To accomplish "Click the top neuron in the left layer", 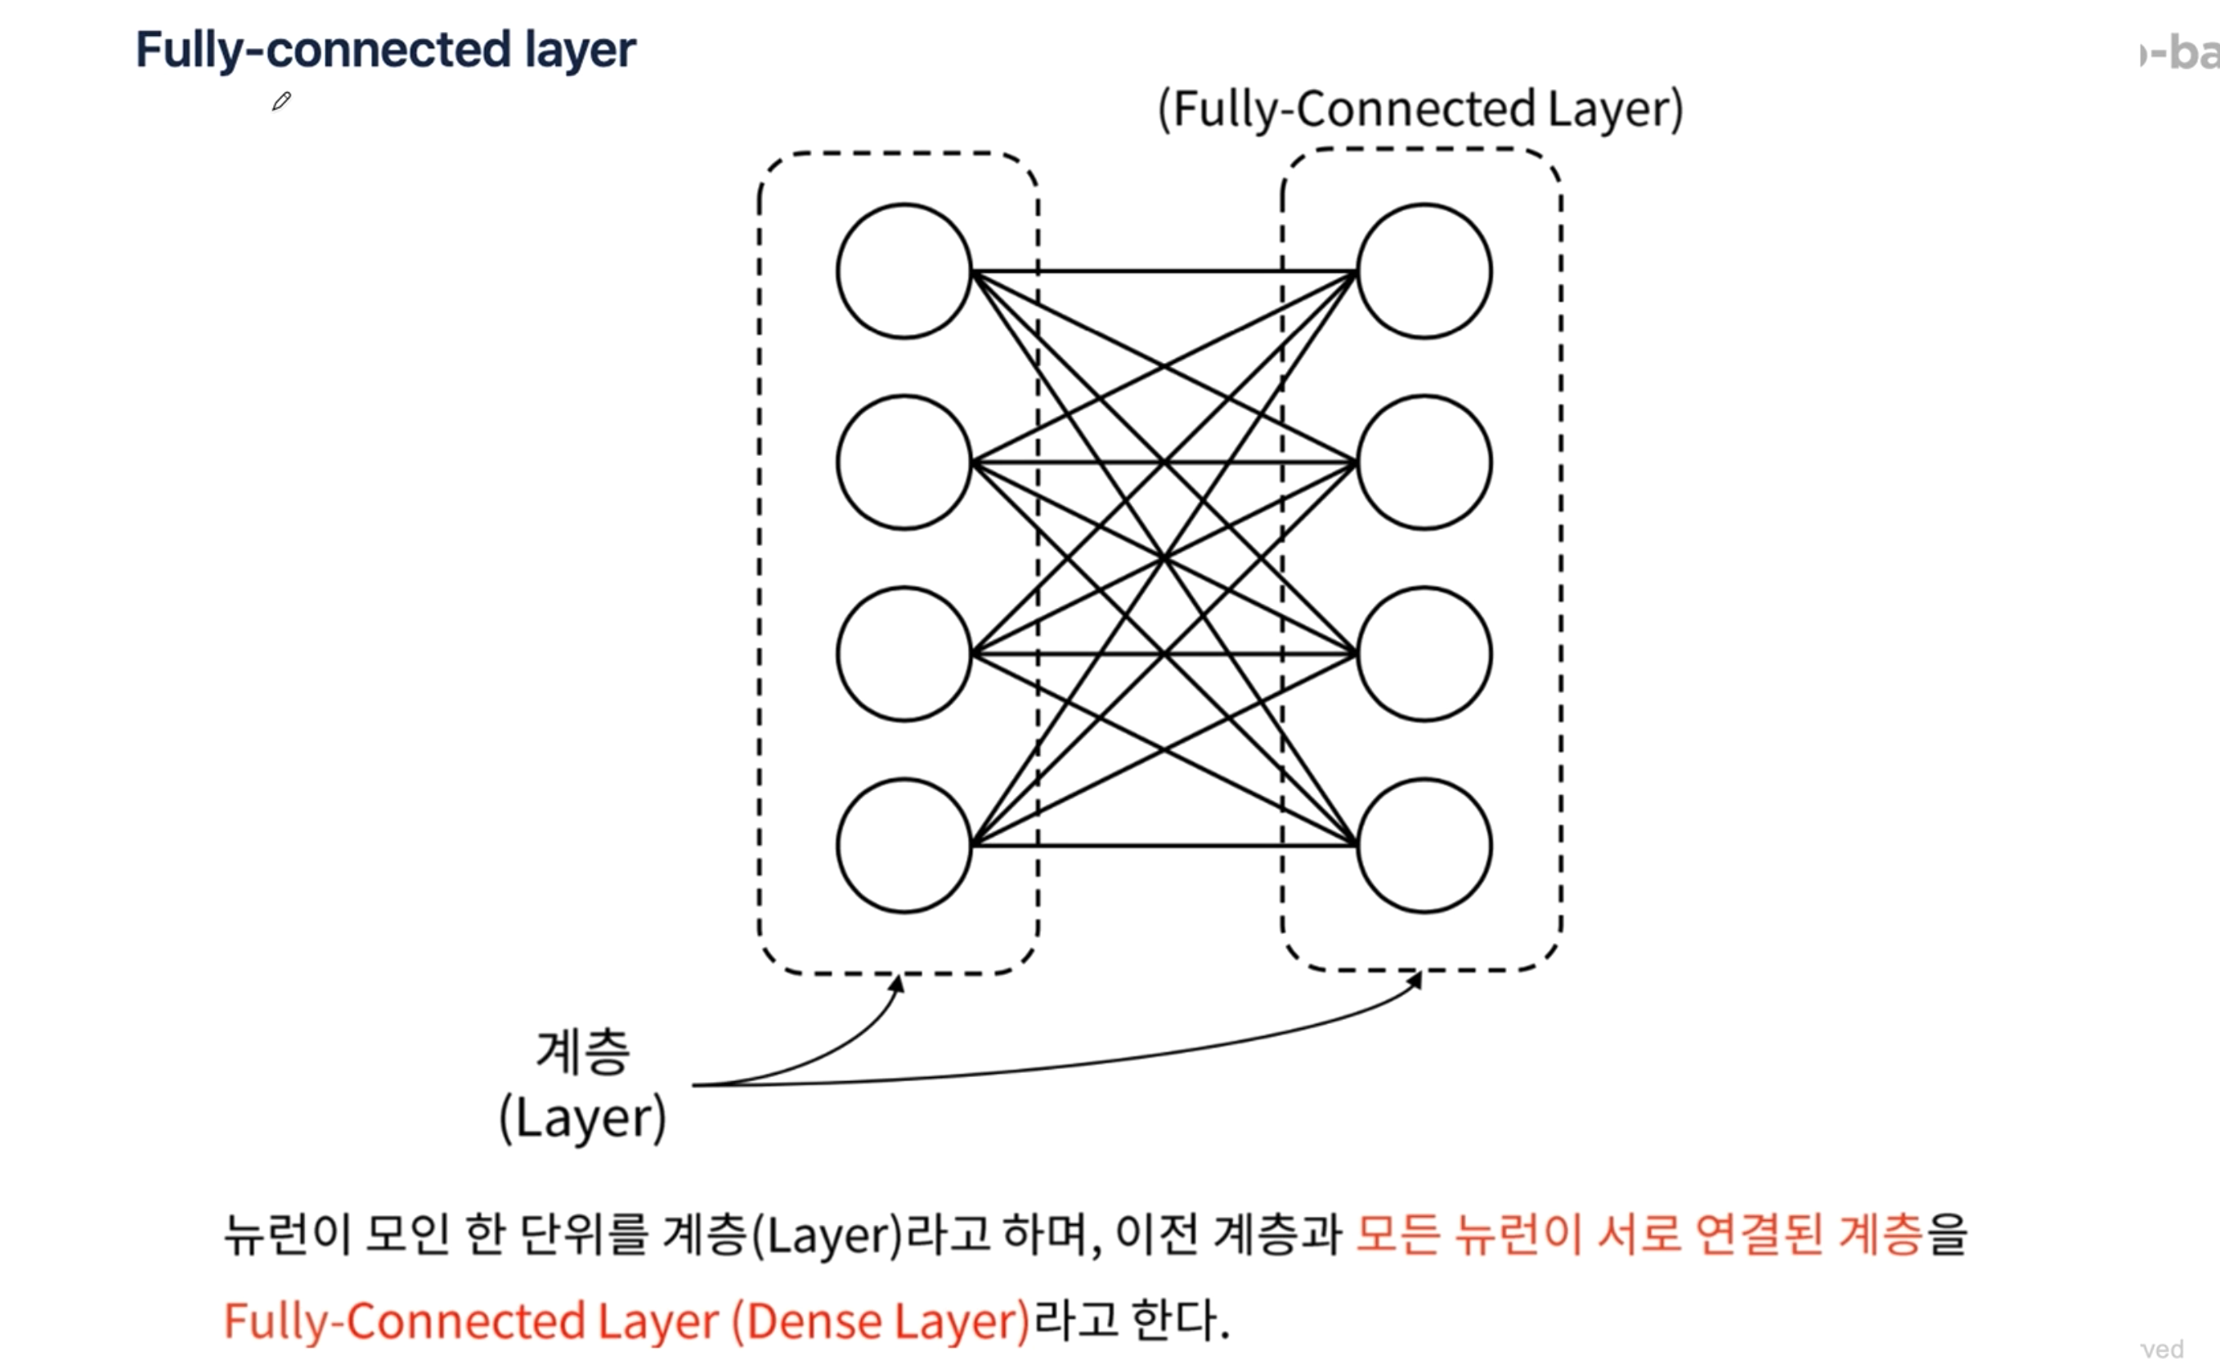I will coord(904,271).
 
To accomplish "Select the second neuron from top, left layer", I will coord(904,462).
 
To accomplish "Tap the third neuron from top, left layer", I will coord(904,654).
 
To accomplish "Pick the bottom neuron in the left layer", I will coord(904,846).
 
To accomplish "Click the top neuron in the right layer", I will coord(1424,271).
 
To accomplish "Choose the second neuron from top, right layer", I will coord(1424,462).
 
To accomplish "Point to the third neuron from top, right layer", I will coord(1424,654).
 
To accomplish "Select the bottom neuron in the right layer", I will coord(1424,846).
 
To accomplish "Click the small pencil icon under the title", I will coord(281,101).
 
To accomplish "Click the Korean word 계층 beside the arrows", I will coord(583,1052).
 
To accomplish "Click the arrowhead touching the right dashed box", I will coord(1415,980).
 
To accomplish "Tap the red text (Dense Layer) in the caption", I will coord(881,1321).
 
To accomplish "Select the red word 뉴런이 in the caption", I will coord(1518,1234).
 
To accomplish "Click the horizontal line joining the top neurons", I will coord(1162,271).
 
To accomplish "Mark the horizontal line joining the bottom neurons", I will coord(1162,846).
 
